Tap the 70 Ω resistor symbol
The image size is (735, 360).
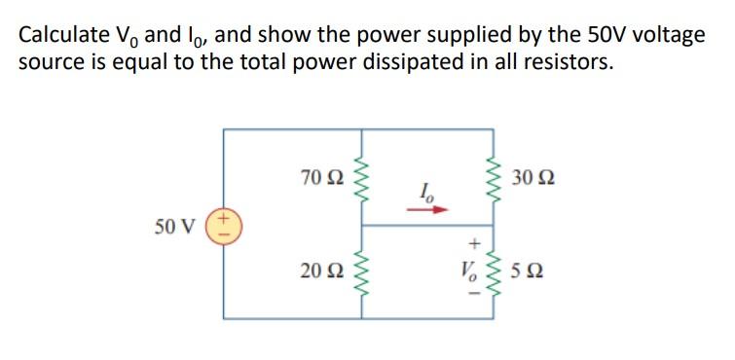[x=363, y=177]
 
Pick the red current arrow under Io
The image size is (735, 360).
[x=431, y=207]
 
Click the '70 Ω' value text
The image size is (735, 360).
[x=322, y=177]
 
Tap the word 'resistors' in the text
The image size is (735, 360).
[x=570, y=64]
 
